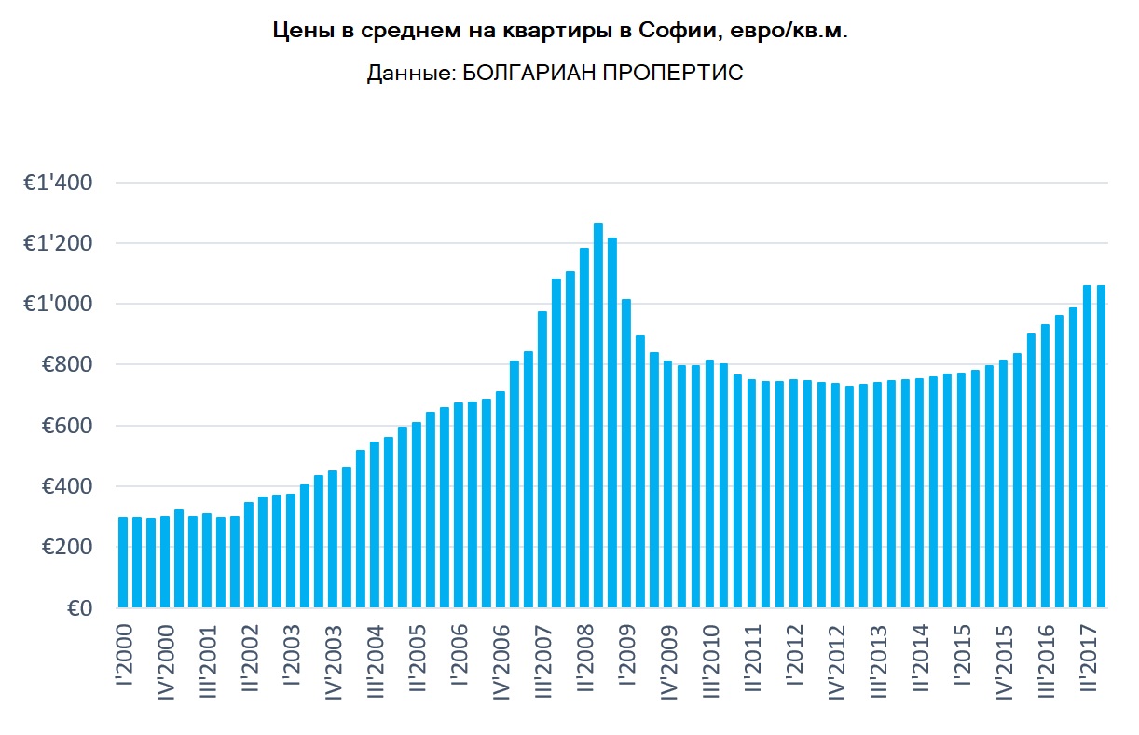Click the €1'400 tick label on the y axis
[x=59, y=184]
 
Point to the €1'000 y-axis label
[x=59, y=305]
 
